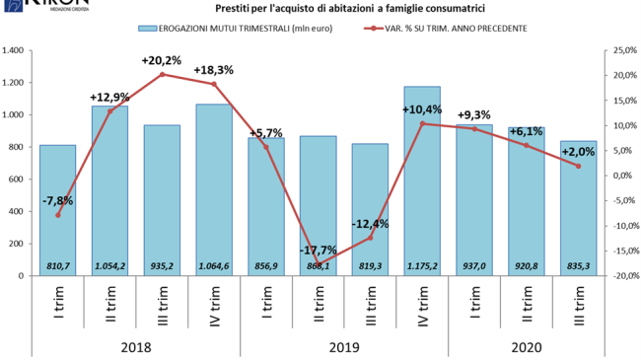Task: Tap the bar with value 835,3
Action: pyautogui.click(x=579, y=208)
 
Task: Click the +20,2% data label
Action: pyautogui.click(x=161, y=60)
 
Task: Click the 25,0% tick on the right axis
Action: pyautogui.click(x=624, y=50)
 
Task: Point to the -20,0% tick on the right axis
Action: pyautogui.click(x=624, y=276)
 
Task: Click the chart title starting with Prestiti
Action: pyautogui.click(x=321, y=9)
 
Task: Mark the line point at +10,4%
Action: pyautogui.click(x=422, y=123)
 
